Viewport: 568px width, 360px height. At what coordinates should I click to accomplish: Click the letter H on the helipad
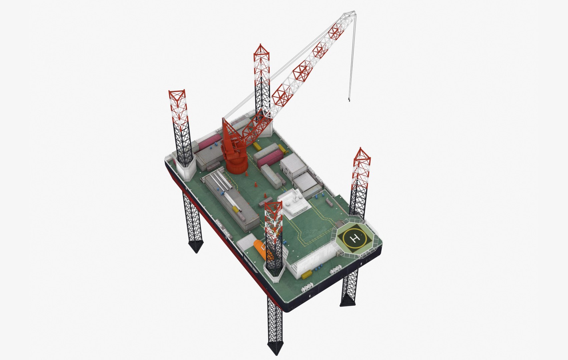(x=356, y=238)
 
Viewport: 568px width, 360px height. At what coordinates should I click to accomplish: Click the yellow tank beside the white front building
(x=307, y=275)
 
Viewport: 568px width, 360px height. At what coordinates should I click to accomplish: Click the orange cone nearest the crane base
(x=246, y=173)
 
